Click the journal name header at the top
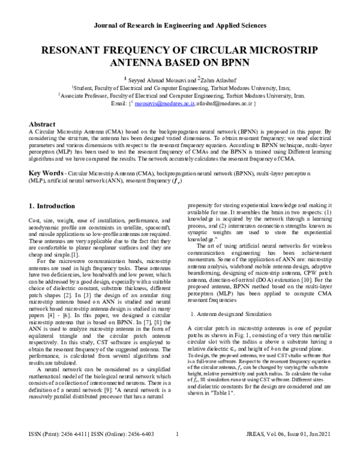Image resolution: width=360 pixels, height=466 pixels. tap(179, 26)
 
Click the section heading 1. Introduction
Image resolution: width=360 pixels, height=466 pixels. tap(52, 206)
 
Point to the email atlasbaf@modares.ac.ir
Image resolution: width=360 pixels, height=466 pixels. tap(224, 104)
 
